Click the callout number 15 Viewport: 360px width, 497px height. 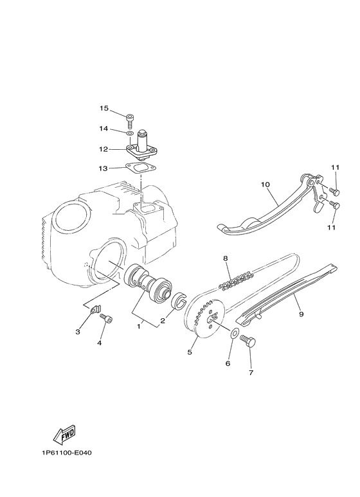tap(104, 108)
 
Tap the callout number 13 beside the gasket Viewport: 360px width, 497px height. tap(104, 170)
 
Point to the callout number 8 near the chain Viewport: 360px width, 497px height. tap(226, 258)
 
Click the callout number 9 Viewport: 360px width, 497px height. tap(301, 314)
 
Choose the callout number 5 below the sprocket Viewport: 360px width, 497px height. tap(190, 352)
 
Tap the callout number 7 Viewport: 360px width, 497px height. tap(251, 373)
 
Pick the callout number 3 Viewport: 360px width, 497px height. tap(78, 332)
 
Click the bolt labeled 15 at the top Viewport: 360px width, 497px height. tap(130, 118)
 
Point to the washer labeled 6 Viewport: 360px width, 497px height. tap(235, 336)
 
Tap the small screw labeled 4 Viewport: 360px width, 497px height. tap(107, 319)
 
